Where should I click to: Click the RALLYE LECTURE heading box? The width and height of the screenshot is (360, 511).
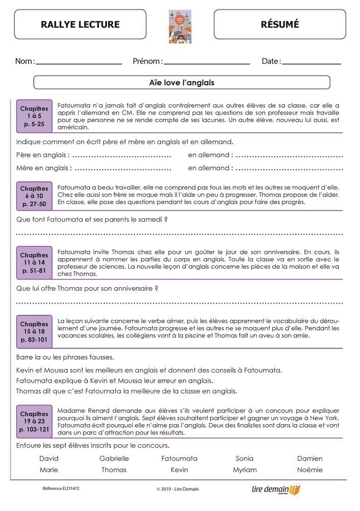(80, 24)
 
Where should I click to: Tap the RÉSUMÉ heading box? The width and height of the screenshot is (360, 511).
(280, 24)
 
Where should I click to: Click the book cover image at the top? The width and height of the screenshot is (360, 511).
(180, 26)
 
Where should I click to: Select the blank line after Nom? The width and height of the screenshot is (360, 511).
(79, 63)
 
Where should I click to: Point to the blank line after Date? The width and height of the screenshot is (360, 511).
(311, 63)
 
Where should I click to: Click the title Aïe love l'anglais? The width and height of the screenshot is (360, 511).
(182, 82)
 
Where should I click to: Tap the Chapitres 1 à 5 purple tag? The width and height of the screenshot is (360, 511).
(34, 117)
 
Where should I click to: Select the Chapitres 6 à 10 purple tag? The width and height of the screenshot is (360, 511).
(34, 196)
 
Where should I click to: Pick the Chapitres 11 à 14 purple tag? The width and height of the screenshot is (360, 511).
(34, 263)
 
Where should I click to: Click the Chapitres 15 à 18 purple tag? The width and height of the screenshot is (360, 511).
(34, 332)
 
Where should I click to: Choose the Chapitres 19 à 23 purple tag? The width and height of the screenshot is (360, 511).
(34, 422)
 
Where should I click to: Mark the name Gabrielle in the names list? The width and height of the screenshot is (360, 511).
(114, 458)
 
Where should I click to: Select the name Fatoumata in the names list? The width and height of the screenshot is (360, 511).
(179, 458)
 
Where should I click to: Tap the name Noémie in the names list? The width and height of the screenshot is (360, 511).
(310, 470)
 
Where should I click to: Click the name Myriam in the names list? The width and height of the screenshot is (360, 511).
(245, 470)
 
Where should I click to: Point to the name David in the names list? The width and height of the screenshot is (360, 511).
(49, 458)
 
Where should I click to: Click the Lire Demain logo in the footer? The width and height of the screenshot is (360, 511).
(276, 490)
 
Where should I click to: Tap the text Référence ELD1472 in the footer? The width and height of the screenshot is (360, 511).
(61, 489)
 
